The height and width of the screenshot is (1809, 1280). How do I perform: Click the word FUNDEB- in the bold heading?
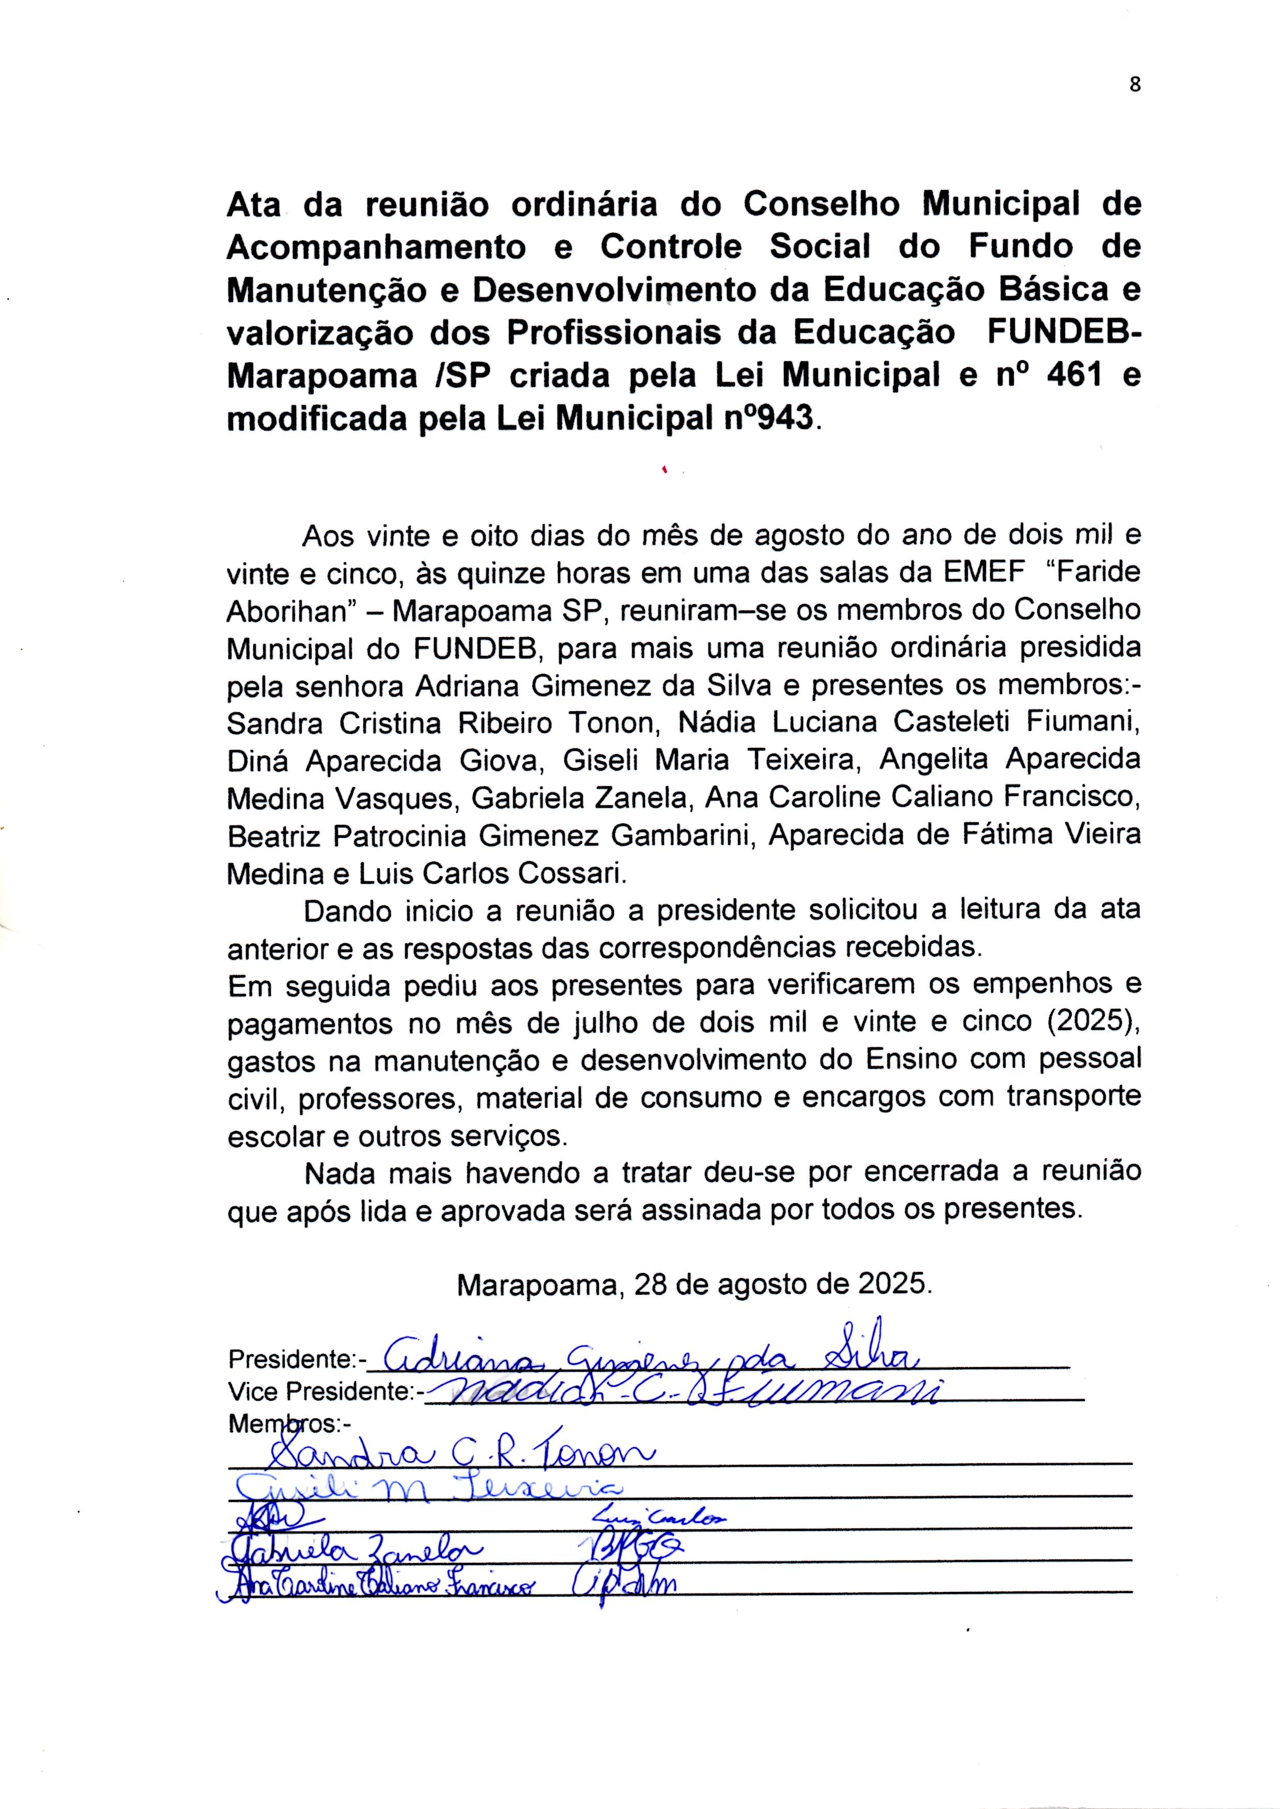pos(1063,333)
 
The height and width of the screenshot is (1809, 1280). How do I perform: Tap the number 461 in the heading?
pos(1073,376)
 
